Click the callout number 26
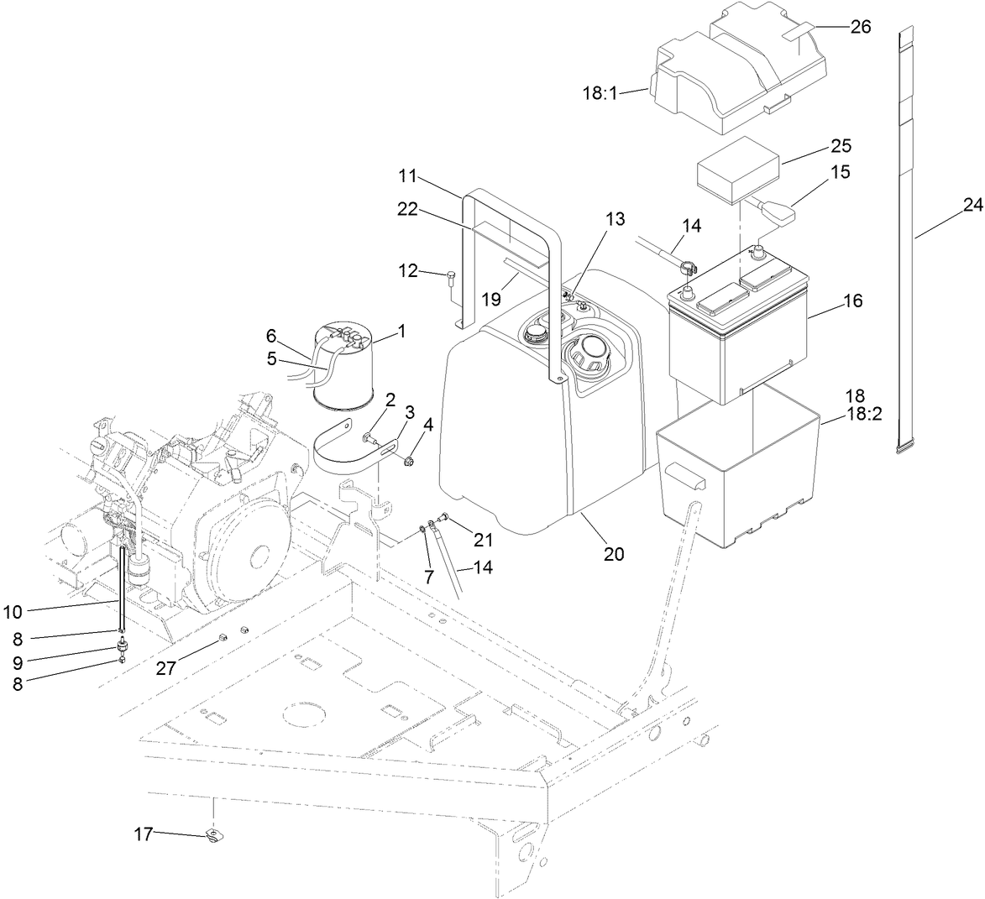tap(861, 27)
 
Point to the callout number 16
tap(852, 301)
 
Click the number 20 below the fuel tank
tap(614, 554)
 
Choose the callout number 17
tap(144, 834)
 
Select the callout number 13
tap(615, 219)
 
